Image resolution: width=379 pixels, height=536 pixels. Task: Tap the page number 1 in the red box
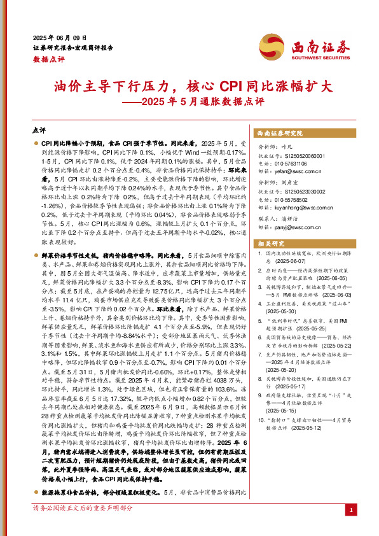pos(350,510)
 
